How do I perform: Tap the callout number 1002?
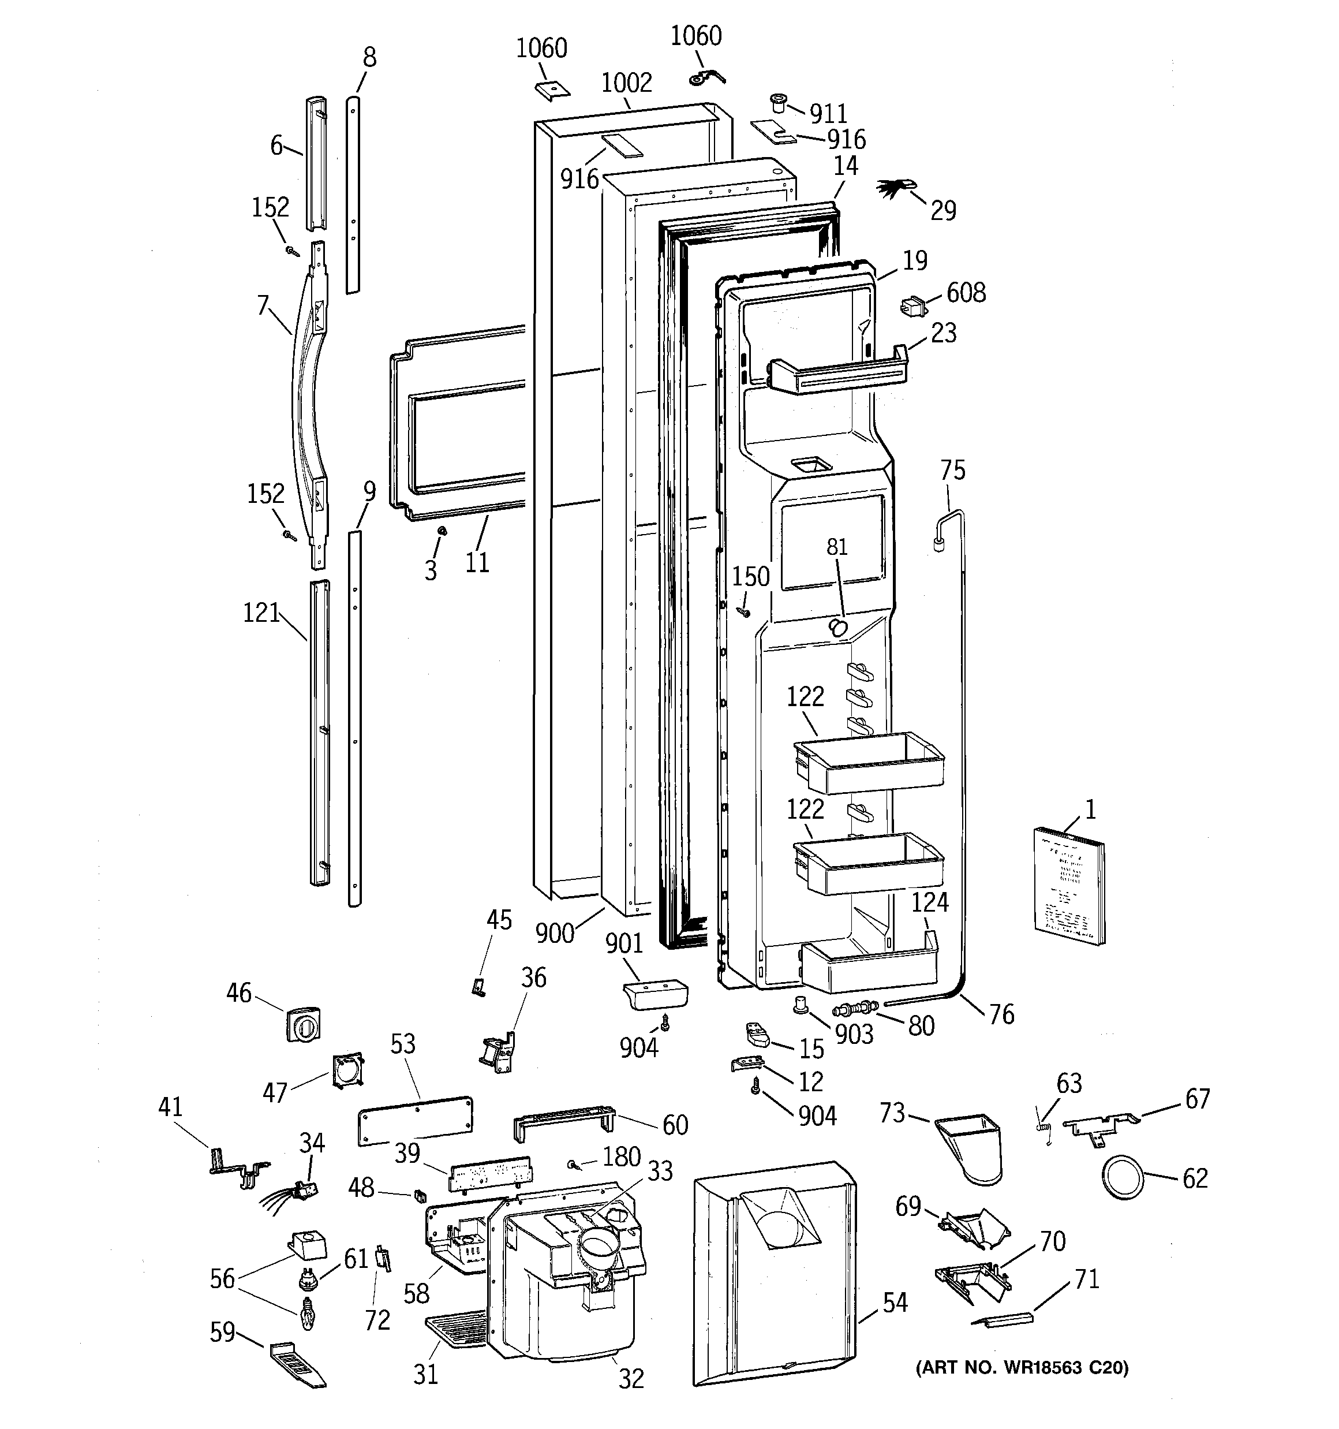[x=626, y=83]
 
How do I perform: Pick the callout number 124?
[x=930, y=902]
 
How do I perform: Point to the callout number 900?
[x=555, y=933]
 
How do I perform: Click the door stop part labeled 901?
[x=654, y=997]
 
